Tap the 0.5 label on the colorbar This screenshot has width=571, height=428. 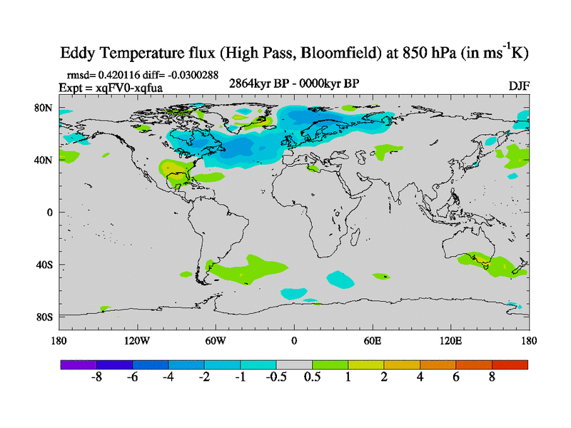(312, 378)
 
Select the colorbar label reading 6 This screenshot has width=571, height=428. (456, 378)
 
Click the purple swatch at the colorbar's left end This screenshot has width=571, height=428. (78, 365)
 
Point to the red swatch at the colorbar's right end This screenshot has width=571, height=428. (510, 365)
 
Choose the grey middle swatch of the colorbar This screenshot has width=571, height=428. (294, 365)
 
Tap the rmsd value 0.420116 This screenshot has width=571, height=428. (117, 74)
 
